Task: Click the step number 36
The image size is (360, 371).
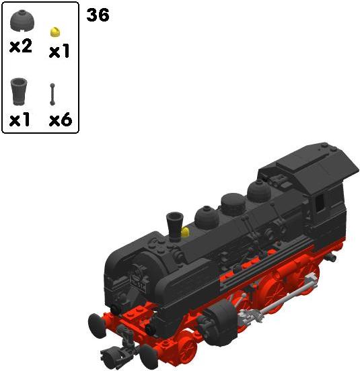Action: click(x=98, y=15)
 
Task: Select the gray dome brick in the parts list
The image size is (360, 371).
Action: click(x=22, y=21)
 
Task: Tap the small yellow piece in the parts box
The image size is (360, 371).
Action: click(x=55, y=32)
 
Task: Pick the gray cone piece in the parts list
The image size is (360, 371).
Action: click(x=19, y=91)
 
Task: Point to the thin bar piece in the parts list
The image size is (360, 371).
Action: click(x=52, y=94)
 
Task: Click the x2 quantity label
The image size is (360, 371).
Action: click(x=21, y=46)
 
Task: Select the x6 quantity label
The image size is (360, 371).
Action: click(x=61, y=120)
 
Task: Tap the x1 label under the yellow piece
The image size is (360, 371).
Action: click(x=59, y=51)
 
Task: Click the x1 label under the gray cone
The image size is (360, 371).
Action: click(x=20, y=120)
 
